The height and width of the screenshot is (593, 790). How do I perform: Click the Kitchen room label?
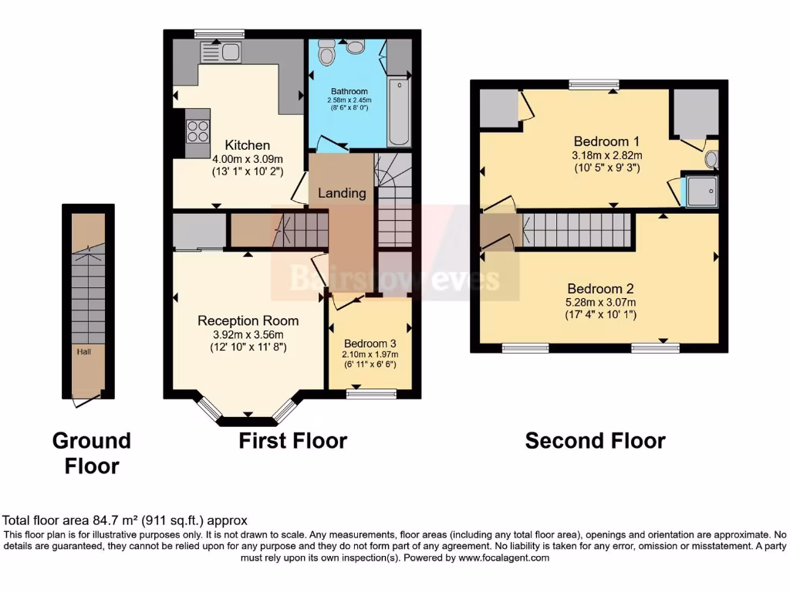(247, 145)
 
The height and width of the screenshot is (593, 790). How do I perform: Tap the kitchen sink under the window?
(221, 52)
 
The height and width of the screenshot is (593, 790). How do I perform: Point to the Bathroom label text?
(349, 91)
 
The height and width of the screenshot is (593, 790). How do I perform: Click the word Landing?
(342, 193)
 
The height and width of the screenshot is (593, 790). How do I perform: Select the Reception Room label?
(248, 320)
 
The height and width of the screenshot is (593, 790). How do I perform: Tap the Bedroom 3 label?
(370, 344)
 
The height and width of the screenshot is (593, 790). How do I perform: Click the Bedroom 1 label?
(606, 141)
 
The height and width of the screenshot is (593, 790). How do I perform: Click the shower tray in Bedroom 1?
(702, 191)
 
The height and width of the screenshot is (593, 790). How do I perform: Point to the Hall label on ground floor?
(85, 351)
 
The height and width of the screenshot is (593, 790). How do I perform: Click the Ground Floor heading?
(91, 453)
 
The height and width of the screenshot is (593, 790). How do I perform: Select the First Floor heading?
(292, 441)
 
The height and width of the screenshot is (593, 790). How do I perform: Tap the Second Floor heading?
(595, 441)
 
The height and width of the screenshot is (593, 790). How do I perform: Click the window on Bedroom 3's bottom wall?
(371, 395)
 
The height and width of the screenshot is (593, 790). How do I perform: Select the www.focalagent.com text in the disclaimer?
(503, 557)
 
